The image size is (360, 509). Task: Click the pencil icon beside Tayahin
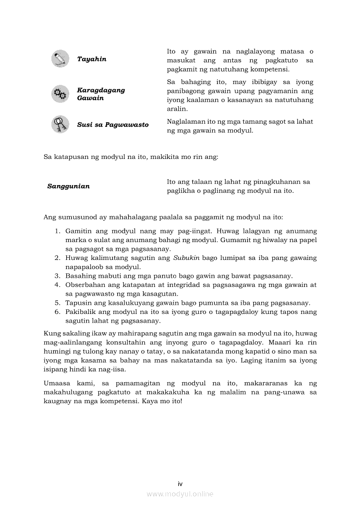pyautogui.click(x=60, y=59)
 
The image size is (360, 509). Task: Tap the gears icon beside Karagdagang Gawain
pyautogui.click(x=60, y=94)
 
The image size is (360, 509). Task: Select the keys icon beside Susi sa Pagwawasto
pyautogui.click(x=60, y=125)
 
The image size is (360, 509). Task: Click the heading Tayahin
pyautogui.click(x=92, y=59)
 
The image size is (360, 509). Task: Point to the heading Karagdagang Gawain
pyautogui.click(x=101, y=94)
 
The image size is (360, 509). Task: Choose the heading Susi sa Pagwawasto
pyautogui.click(x=112, y=125)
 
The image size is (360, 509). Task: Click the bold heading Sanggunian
pyautogui.click(x=68, y=186)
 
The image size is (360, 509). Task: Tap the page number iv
pyautogui.click(x=180, y=484)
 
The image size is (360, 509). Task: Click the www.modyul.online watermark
pyautogui.click(x=180, y=494)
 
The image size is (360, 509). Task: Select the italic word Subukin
pyautogui.click(x=186, y=258)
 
